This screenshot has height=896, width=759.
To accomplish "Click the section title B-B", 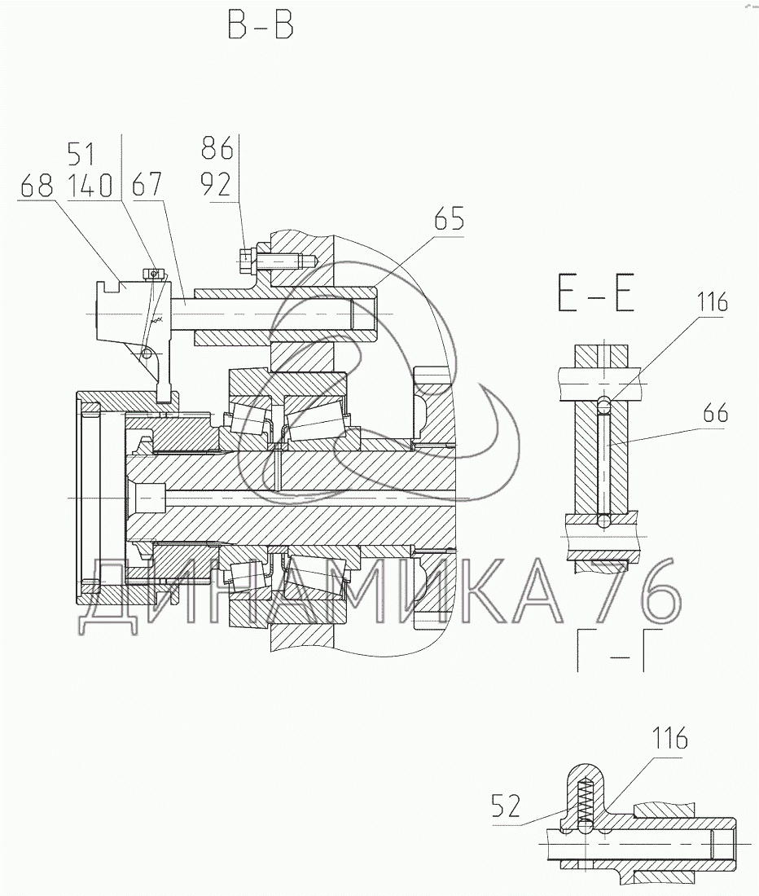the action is tap(260, 27).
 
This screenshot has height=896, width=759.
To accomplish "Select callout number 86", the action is tap(217, 150).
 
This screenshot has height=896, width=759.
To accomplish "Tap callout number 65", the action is tap(449, 220).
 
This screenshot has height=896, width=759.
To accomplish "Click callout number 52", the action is tap(506, 807).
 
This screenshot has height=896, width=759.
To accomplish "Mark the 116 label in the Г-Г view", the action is tap(669, 740).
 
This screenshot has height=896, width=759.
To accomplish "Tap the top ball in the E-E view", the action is tap(603, 403).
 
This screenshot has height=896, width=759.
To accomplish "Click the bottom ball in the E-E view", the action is tap(603, 519).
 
